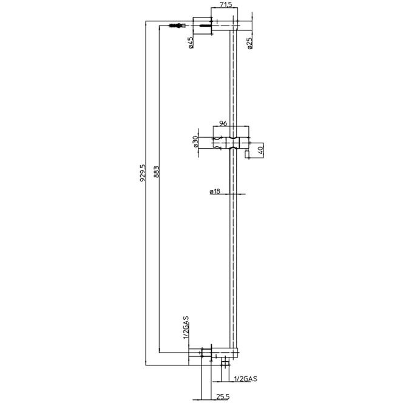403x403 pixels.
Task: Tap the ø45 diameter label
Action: pyautogui.click(x=191, y=42)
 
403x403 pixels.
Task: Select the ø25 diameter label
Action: pyautogui.click(x=249, y=43)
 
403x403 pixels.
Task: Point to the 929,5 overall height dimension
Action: pyautogui.click(x=143, y=173)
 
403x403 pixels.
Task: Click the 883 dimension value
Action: pyautogui.click(x=157, y=172)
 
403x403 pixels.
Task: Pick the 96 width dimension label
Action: pyautogui.click(x=223, y=123)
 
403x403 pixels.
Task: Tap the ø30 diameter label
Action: pyautogui.click(x=195, y=141)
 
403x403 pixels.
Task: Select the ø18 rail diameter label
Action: pyautogui.click(x=215, y=191)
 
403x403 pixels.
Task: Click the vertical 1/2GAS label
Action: pyautogui.click(x=186, y=328)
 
